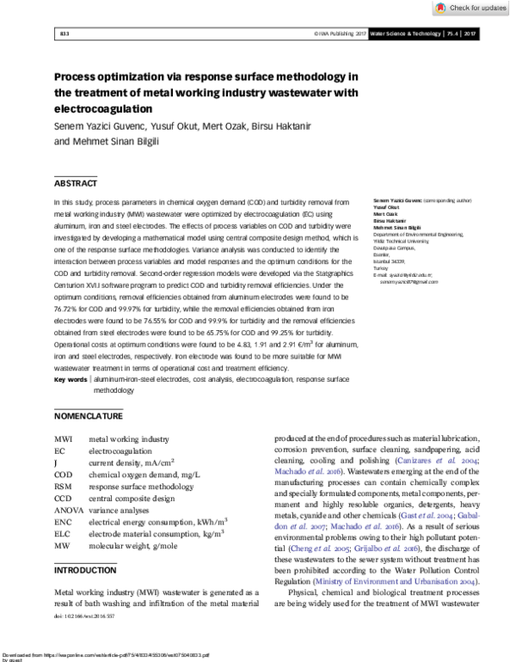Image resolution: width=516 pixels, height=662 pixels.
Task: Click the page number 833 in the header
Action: pyautogui.click(x=64, y=34)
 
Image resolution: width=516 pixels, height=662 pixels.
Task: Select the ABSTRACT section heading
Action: pyautogui.click(x=77, y=183)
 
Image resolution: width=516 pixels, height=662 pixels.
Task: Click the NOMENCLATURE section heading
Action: pyautogui.click(x=89, y=416)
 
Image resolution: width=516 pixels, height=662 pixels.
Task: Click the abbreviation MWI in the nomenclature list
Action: pyautogui.click(x=64, y=438)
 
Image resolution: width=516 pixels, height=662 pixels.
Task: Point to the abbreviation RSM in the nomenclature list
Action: pyautogui.click(x=64, y=486)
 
